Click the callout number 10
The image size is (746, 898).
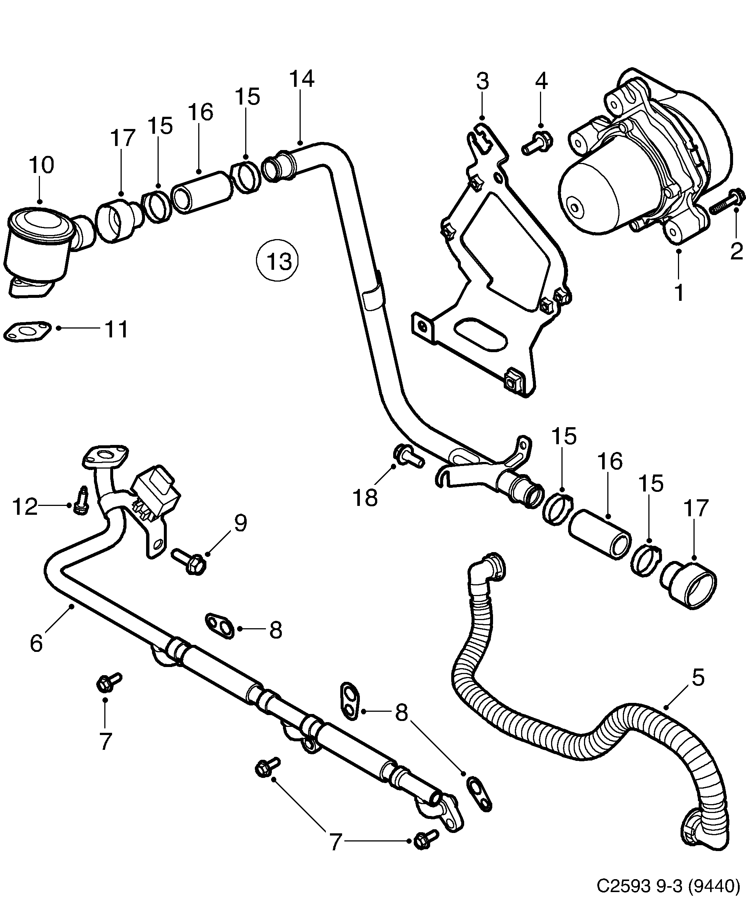pos(41,165)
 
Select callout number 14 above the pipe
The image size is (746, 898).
pos(302,79)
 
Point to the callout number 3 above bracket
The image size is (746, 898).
pos(482,82)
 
